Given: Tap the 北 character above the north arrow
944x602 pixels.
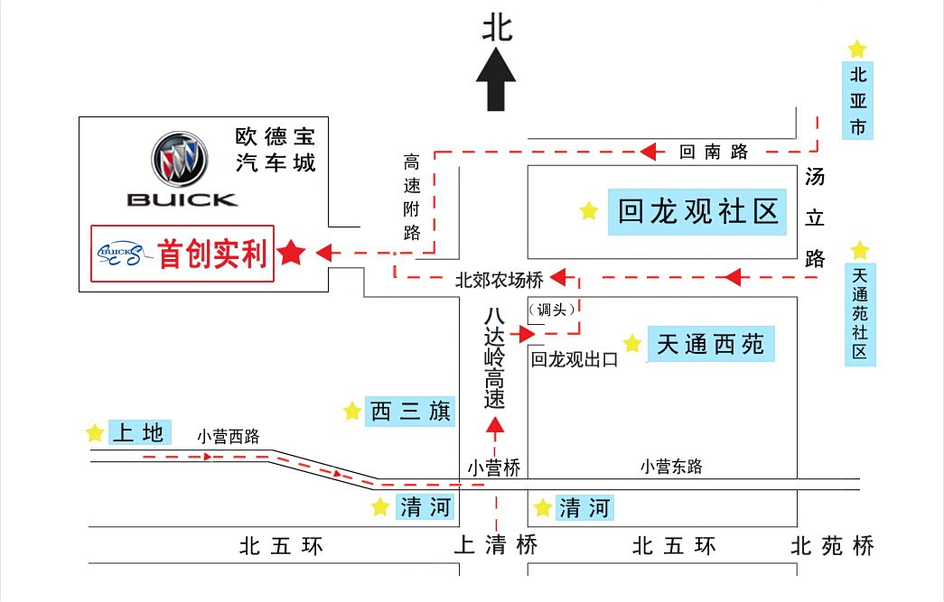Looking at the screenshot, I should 497,27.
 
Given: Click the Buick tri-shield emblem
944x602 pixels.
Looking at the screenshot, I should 179,161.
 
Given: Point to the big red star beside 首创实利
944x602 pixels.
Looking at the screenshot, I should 291,254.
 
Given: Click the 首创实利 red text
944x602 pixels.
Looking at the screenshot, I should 213,255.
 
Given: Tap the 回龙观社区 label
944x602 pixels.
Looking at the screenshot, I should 697,213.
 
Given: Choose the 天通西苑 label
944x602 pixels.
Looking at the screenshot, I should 711,344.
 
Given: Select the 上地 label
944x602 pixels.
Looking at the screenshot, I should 139,433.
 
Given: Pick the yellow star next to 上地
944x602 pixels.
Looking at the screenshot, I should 95,433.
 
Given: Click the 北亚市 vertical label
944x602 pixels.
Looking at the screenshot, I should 857,100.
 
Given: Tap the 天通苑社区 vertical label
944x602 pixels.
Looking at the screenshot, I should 860,312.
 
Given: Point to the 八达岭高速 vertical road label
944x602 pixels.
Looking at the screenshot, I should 493,358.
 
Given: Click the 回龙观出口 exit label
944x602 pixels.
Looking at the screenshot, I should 574,360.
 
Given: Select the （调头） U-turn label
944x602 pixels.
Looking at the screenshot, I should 551,310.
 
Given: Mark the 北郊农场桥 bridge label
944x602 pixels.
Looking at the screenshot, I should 499,281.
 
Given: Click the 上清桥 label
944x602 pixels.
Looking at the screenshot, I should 495,545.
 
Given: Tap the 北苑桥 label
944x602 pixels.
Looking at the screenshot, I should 832,545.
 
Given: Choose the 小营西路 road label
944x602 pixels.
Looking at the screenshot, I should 229,437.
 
